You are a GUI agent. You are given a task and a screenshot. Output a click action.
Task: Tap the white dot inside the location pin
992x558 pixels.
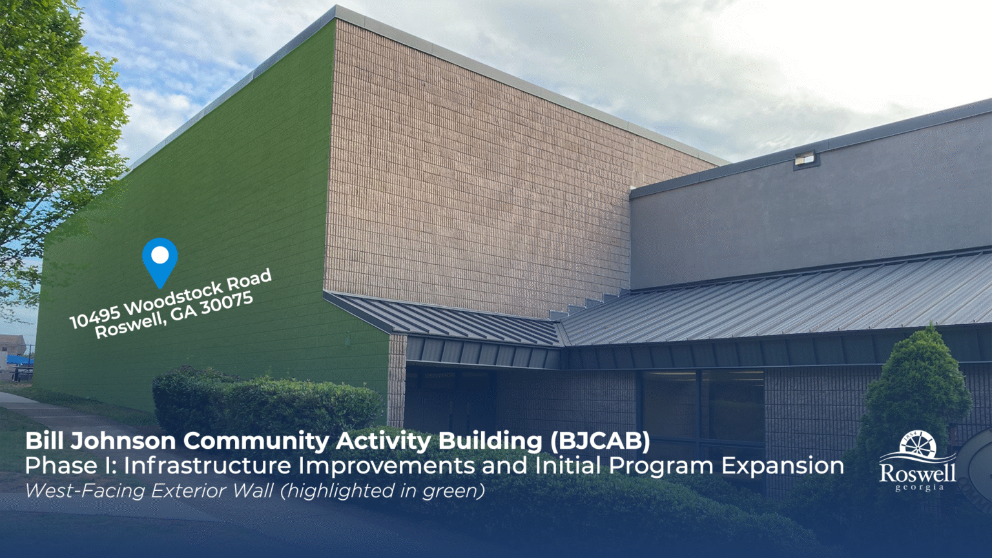pyautogui.click(x=160, y=255)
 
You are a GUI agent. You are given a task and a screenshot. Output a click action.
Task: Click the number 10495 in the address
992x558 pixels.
pyautogui.click(x=95, y=315)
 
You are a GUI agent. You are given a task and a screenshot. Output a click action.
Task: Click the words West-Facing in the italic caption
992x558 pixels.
pyautogui.click(x=84, y=491)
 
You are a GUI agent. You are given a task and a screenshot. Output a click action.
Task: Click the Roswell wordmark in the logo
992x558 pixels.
pyautogui.click(x=918, y=473)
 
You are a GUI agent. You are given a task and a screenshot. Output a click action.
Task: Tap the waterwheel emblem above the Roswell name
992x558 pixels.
pyautogui.click(x=920, y=444)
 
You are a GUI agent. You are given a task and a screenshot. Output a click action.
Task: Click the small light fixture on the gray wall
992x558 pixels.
pyautogui.click(x=805, y=160)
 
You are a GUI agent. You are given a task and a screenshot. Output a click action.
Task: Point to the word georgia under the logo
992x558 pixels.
pyautogui.click(x=920, y=488)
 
